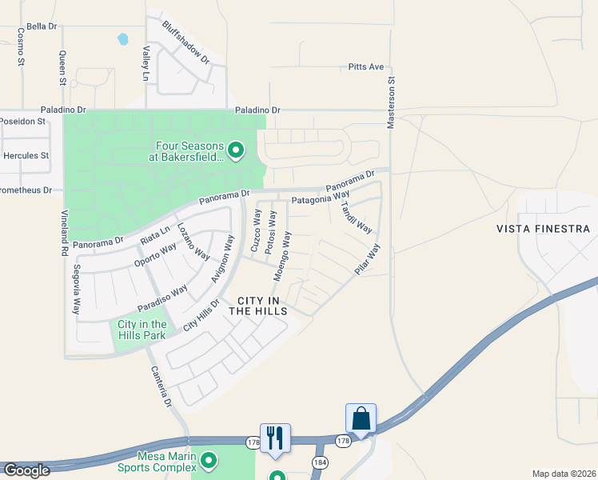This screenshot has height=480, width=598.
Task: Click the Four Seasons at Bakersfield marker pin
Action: [236, 150]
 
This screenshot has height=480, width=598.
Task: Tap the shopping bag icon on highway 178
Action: [361, 418]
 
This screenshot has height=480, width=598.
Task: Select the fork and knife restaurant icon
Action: [275, 438]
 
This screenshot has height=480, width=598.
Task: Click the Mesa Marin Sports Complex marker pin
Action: [209, 460]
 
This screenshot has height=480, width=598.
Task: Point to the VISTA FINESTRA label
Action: [543, 229]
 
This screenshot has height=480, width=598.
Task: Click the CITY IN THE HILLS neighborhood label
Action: [257, 306]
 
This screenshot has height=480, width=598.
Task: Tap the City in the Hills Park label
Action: [142, 330]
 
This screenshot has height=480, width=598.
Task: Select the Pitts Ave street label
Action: [366, 67]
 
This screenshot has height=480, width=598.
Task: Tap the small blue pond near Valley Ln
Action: [123, 38]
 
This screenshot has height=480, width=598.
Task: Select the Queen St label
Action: [62, 68]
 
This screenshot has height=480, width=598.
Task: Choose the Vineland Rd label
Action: [64, 233]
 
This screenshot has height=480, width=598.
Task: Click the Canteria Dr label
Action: [160, 387]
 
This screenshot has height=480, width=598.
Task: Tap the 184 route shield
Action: [320, 462]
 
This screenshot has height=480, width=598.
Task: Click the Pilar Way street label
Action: [369, 260]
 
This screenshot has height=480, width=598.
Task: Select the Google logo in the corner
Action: [26, 470]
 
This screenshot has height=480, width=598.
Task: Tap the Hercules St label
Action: [26, 155]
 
